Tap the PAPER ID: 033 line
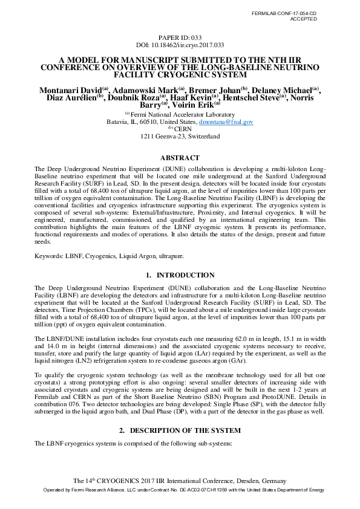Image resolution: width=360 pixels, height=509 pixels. point(180,37)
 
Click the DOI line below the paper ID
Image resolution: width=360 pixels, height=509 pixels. point(180,45)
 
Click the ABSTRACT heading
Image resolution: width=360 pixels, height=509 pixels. point(180,158)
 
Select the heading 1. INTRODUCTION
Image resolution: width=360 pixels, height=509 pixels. point(180,276)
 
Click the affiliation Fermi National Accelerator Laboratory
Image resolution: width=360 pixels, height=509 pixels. point(182,114)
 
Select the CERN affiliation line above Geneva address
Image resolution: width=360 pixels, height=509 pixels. point(183,129)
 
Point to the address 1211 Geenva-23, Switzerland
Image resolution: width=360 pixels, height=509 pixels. point(180,137)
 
